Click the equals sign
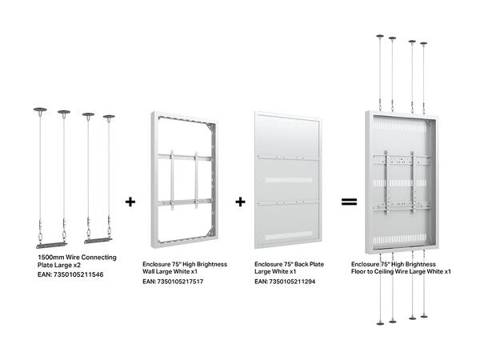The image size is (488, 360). [x=348, y=202]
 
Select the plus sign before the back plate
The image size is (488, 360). [x=240, y=202]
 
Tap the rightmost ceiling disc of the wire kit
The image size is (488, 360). [x=109, y=118]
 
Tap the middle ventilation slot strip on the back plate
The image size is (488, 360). [x=288, y=174]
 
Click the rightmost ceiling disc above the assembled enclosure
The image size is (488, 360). [x=430, y=42]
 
